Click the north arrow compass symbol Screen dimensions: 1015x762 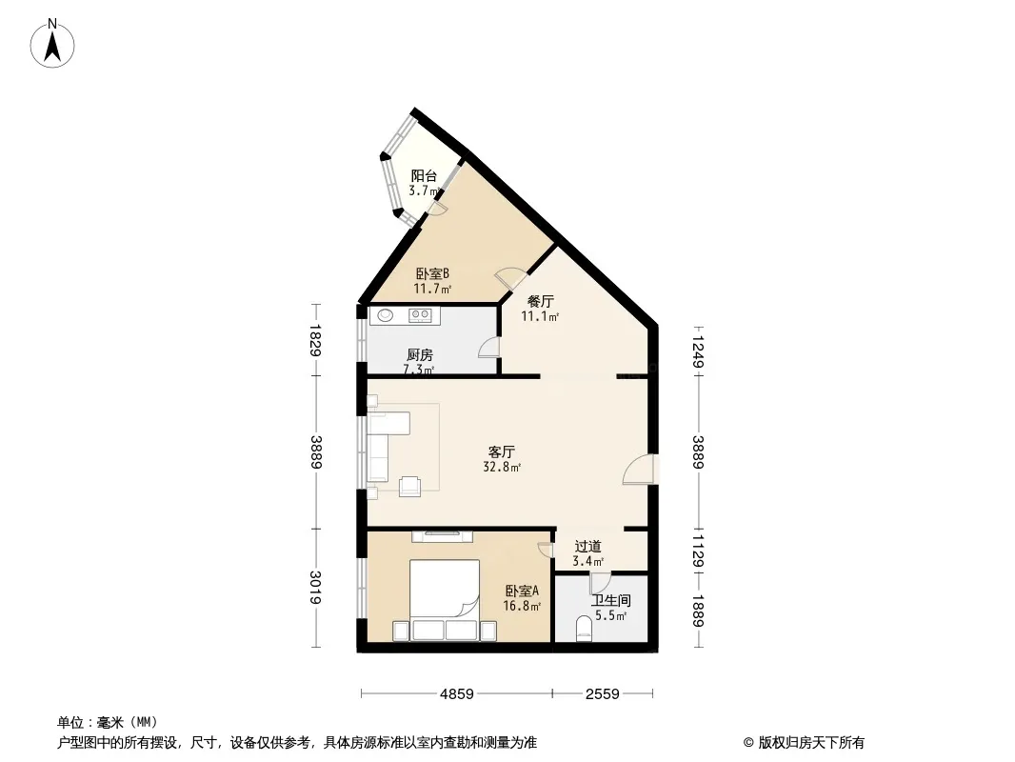point(52,44)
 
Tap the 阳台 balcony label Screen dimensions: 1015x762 point(424,175)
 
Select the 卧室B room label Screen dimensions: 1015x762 point(432,274)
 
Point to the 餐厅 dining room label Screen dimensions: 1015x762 point(541,302)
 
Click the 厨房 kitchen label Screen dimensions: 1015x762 point(420,354)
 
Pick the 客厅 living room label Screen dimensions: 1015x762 point(502,451)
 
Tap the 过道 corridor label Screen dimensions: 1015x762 point(587,547)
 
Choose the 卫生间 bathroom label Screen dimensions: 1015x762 point(610,600)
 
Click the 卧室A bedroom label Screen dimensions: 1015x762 point(522,592)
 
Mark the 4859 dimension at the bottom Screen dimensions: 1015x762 point(457,694)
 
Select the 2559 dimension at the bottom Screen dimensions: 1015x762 point(603,694)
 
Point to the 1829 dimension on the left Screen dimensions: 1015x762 point(315,340)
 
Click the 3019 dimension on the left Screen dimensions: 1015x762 point(315,587)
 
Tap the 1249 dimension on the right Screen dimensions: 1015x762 point(698,351)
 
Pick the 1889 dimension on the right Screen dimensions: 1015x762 point(698,612)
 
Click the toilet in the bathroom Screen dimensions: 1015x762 point(584,629)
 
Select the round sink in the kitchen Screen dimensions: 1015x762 point(386,315)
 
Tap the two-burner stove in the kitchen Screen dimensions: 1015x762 point(420,315)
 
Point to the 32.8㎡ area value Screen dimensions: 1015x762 point(502,467)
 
